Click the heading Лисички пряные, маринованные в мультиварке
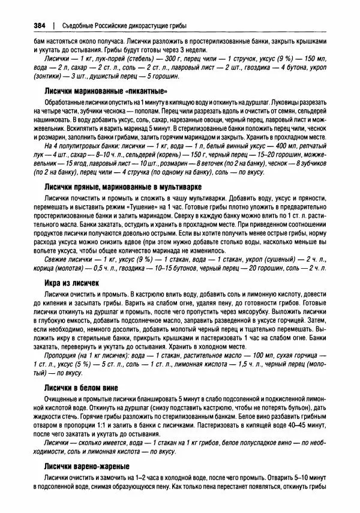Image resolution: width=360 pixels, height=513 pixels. tap(122, 187)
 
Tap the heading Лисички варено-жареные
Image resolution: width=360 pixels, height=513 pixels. tap(85, 466)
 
